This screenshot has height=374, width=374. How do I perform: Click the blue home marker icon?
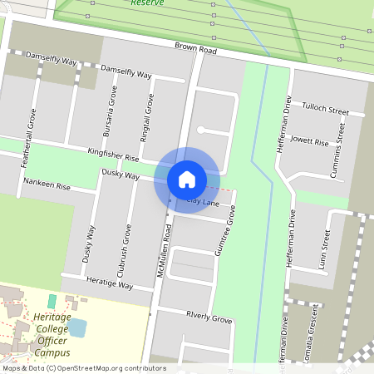tap(187, 179)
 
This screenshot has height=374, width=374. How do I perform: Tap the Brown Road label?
tap(196, 51)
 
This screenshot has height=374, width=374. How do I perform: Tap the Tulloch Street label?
tap(326, 111)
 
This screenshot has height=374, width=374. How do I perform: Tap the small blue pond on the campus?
tap(77, 327)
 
